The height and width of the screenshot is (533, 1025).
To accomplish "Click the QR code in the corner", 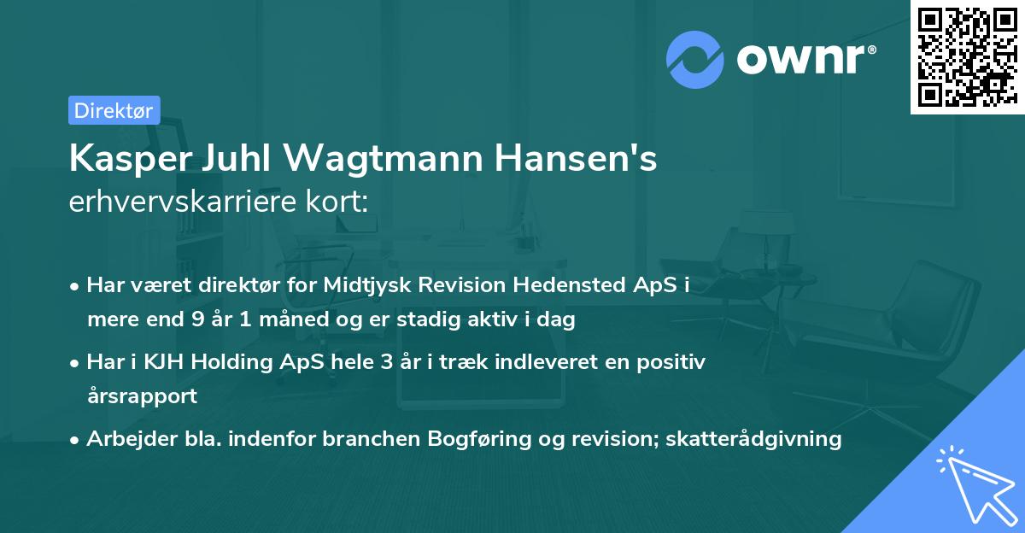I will tap(967, 57).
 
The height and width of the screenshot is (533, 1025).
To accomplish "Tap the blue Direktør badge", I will tap(114, 110).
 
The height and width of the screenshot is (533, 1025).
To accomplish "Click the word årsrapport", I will tap(142, 396).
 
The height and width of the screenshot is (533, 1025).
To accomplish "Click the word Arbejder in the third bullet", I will tap(124, 439).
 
